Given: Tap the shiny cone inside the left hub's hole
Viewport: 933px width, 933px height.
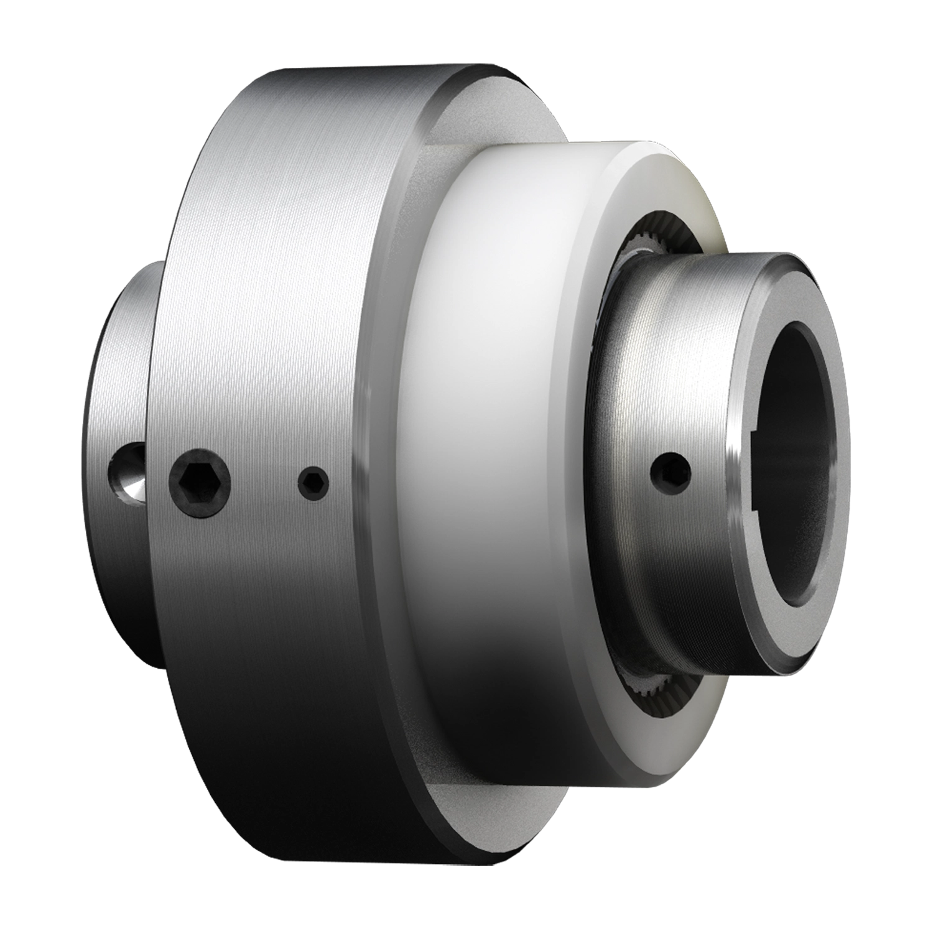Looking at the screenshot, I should tap(134, 485).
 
